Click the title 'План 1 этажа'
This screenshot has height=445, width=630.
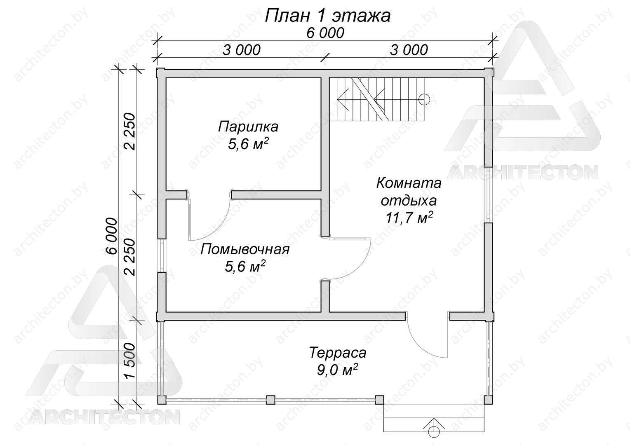(x=328, y=16)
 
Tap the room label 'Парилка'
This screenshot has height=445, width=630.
(x=248, y=127)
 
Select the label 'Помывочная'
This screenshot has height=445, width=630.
(x=244, y=250)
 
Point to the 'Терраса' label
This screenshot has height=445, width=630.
(x=338, y=353)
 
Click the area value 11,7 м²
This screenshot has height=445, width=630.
(x=409, y=218)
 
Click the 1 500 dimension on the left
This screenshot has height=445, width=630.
(x=130, y=361)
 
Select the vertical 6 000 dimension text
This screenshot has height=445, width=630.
(x=112, y=236)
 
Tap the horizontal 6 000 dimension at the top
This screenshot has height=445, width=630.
(x=325, y=33)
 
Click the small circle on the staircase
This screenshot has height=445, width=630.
(x=424, y=99)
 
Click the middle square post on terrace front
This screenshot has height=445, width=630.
(x=270, y=399)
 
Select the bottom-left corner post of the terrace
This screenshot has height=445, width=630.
(x=162, y=399)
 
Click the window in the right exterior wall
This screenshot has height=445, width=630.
(x=488, y=194)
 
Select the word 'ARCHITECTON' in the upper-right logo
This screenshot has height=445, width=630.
(x=522, y=172)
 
